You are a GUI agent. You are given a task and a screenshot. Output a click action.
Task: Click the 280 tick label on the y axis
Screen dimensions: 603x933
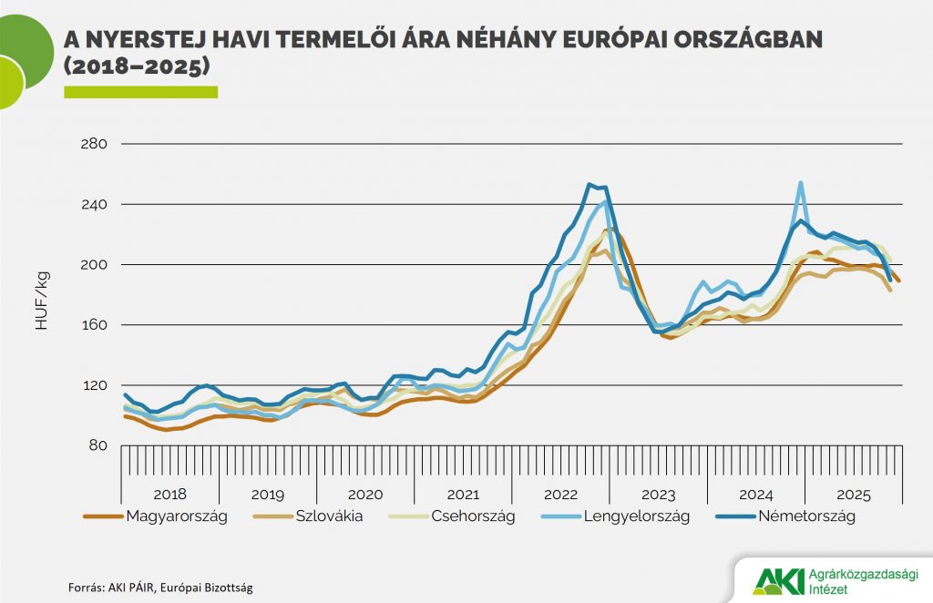point(95,144)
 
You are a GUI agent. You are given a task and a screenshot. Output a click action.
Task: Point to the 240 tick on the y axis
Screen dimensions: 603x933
point(95,204)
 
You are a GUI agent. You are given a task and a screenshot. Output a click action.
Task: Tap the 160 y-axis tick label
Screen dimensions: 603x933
point(95,325)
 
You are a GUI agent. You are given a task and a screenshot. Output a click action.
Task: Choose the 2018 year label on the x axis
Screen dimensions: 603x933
point(169,495)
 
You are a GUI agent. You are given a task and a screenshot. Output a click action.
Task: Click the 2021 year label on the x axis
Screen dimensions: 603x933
point(462,495)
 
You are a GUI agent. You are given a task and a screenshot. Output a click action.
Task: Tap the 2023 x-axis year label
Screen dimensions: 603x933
point(658,495)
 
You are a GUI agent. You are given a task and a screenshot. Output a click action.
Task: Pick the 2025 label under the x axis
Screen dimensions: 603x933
point(853,495)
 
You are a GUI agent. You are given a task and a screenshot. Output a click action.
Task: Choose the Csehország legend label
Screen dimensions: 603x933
point(471,516)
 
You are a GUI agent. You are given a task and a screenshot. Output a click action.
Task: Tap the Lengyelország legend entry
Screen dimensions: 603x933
point(631,516)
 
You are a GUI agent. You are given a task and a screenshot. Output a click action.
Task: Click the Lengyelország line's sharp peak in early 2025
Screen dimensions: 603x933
point(800,183)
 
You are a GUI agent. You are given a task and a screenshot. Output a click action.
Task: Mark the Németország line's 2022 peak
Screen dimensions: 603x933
point(590,184)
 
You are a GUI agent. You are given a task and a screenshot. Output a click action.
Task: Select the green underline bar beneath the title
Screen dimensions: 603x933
point(140,91)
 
